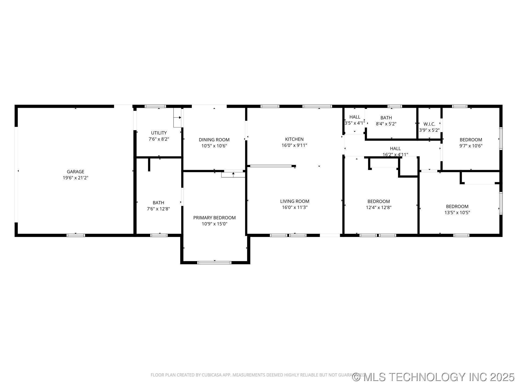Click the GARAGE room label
[75, 172]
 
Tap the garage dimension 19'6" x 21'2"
[75, 178]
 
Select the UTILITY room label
[159, 133]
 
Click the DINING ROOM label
[214, 140]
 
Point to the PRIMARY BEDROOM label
[214, 218]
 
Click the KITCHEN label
[294, 139]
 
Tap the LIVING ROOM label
[295, 201]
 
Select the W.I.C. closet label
[429, 124]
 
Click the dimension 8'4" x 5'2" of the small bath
[386, 124]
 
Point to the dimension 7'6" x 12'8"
[158, 209]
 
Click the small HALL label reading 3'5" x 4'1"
[355, 117]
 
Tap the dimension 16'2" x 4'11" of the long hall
[395, 155]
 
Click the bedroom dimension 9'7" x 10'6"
[471, 146]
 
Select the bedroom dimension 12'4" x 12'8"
[379, 207]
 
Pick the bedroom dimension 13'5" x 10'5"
[457, 213]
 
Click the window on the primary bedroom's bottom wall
[214, 262]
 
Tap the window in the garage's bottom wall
[76, 235]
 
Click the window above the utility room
[155, 106]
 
